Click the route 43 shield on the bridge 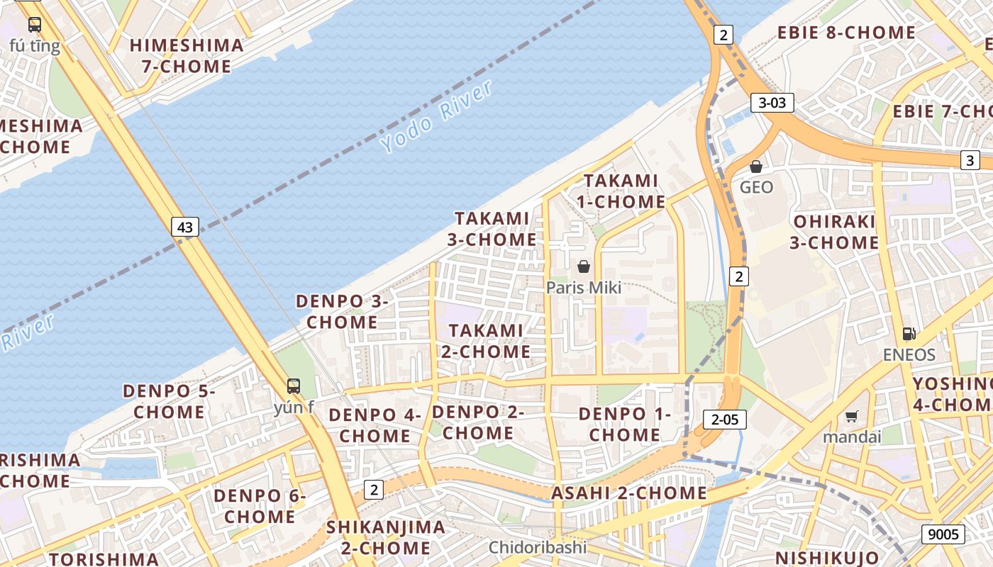click(184, 228)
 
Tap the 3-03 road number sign click(772, 103)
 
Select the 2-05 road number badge click(725, 420)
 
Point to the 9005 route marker click(943, 534)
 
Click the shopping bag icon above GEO click(756, 167)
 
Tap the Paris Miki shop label click(583, 287)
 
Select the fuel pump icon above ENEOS click(909, 334)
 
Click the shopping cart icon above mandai click(851, 417)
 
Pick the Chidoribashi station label click(538, 547)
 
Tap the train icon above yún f click(294, 386)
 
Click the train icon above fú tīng click(34, 25)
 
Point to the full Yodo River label click(436, 116)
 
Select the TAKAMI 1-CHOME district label click(621, 191)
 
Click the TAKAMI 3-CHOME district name click(492, 229)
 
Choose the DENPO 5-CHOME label click(169, 401)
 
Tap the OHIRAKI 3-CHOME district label click(834, 232)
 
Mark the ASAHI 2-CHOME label click(629, 493)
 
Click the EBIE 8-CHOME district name click(846, 33)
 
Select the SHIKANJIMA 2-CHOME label click(386, 537)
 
